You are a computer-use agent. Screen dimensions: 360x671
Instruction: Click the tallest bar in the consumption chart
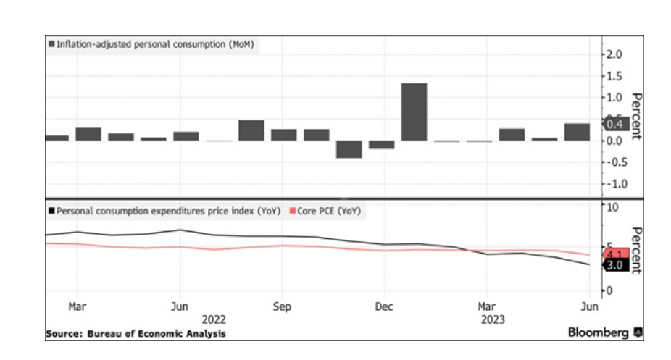click(x=414, y=112)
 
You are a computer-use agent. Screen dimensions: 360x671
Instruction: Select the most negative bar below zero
click(x=349, y=148)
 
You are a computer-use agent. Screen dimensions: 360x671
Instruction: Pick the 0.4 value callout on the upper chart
click(x=616, y=125)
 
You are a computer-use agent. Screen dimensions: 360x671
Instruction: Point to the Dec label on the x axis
click(x=384, y=307)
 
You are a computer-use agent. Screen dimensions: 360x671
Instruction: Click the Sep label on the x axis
click(x=282, y=307)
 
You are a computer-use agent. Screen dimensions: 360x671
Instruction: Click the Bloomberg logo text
click(x=599, y=332)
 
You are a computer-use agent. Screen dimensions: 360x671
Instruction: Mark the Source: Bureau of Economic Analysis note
click(x=136, y=334)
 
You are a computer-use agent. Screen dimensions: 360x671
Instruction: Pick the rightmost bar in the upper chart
click(x=577, y=132)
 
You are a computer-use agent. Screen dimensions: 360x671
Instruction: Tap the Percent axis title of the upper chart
click(x=635, y=116)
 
